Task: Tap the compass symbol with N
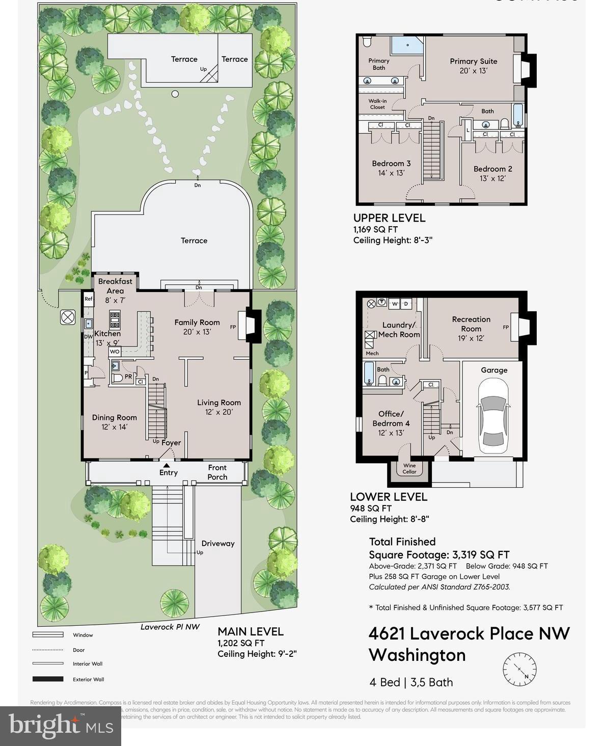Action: click(x=519, y=669)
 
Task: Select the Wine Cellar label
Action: click(x=409, y=468)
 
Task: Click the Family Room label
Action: click(x=197, y=322)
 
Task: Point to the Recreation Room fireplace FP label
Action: click(x=506, y=327)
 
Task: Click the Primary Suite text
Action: click(x=473, y=61)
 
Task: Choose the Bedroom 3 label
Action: click(x=391, y=164)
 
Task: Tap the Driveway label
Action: click(x=218, y=543)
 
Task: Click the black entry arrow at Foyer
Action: click(x=166, y=464)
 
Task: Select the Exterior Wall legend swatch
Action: click(x=48, y=679)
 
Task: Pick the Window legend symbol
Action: click(x=48, y=634)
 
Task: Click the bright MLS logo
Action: click(x=61, y=726)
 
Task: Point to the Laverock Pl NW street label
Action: click(x=170, y=627)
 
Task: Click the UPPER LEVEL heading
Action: click(x=389, y=218)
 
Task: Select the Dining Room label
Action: click(x=114, y=417)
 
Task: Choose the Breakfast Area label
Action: click(x=115, y=286)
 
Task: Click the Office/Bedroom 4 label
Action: click(x=391, y=418)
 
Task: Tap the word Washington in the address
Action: click(x=417, y=655)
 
